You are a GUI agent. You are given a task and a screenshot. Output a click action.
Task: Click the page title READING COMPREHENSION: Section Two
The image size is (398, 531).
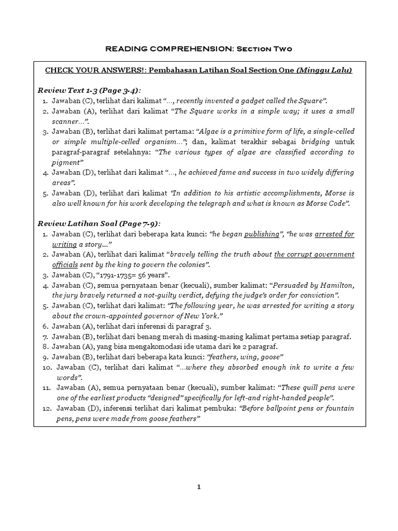click(x=199, y=49)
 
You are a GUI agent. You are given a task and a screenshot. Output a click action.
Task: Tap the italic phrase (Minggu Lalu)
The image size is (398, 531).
click(x=324, y=71)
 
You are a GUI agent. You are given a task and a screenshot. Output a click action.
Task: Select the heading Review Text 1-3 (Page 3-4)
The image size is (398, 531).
click(x=89, y=90)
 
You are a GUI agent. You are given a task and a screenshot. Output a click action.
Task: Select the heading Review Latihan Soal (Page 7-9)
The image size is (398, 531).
click(x=99, y=223)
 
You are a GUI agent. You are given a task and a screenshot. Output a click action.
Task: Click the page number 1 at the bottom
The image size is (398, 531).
click(x=199, y=487)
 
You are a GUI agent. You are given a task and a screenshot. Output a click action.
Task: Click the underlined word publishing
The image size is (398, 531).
click(x=262, y=234)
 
